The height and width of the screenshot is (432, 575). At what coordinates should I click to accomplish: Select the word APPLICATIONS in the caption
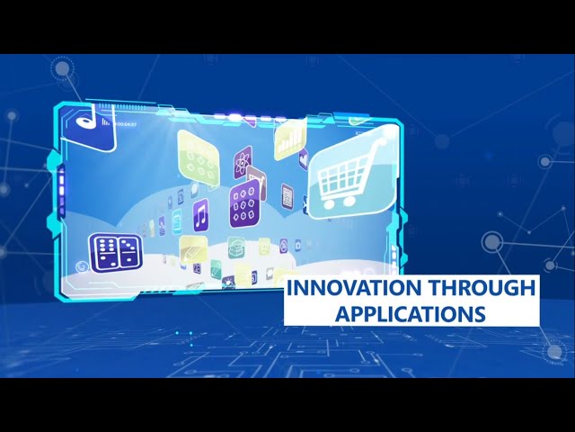tap(411, 313)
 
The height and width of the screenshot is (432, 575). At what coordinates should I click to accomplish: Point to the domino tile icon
tap(116, 253)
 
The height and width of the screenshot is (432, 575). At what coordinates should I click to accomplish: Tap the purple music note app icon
tap(200, 215)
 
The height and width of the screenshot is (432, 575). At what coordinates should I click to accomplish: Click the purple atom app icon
tap(243, 162)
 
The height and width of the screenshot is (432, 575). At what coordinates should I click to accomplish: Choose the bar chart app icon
tap(289, 140)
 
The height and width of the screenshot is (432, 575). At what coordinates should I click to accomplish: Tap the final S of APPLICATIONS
tap(481, 313)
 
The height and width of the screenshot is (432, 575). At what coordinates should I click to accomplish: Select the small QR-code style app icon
tap(287, 193)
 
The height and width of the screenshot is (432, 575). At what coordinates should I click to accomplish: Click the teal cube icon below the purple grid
tap(237, 245)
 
